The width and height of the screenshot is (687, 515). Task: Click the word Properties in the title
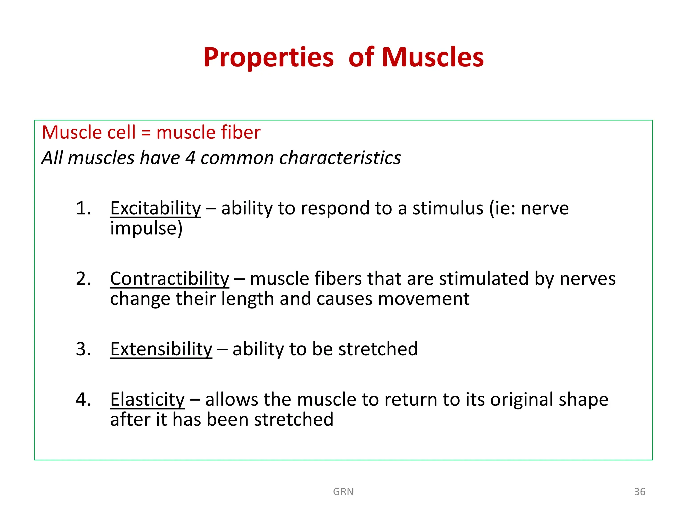pos(268,58)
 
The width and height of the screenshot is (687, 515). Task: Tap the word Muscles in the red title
pos(432,58)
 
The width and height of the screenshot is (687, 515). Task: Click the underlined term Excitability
pos(155,208)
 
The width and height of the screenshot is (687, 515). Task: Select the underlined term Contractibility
pos(169,279)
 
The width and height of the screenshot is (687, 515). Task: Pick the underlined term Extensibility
pos(161,349)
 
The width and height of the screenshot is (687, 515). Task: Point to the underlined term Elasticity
pos(147,399)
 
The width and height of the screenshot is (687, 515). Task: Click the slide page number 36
pos(639,492)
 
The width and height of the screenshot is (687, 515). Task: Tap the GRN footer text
pos(343,492)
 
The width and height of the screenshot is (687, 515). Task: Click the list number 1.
pos(83,208)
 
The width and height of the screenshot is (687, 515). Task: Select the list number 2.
pos(83,279)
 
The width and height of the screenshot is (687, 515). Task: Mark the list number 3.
pos(83,349)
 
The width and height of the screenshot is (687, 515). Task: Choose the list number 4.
pos(83,399)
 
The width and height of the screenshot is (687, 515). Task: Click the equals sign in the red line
pos(146,133)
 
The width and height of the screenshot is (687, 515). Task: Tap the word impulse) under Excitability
pos(146,229)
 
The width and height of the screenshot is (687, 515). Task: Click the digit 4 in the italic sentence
pos(190,158)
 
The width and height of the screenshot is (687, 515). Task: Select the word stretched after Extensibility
pos(378,349)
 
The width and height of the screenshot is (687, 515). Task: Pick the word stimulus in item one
pos(448,208)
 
